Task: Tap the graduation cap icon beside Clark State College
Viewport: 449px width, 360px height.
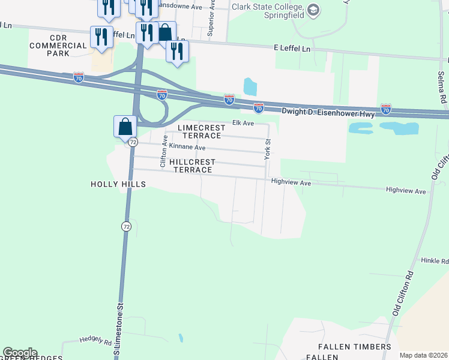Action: click(x=313, y=10)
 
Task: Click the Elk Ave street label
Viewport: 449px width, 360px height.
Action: click(x=244, y=123)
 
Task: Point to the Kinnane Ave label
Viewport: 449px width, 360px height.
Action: click(x=187, y=147)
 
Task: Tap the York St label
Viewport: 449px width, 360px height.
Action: click(x=268, y=149)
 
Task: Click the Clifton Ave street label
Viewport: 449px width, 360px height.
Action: click(x=163, y=151)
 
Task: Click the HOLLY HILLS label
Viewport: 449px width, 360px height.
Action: click(x=118, y=184)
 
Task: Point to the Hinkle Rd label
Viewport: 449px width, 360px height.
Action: click(x=435, y=261)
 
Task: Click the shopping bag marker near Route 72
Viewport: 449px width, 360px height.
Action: click(x=124, y=127)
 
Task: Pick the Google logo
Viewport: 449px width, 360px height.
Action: click(x=20, y=353)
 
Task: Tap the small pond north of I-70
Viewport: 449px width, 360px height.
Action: click(x=250, y=87)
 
